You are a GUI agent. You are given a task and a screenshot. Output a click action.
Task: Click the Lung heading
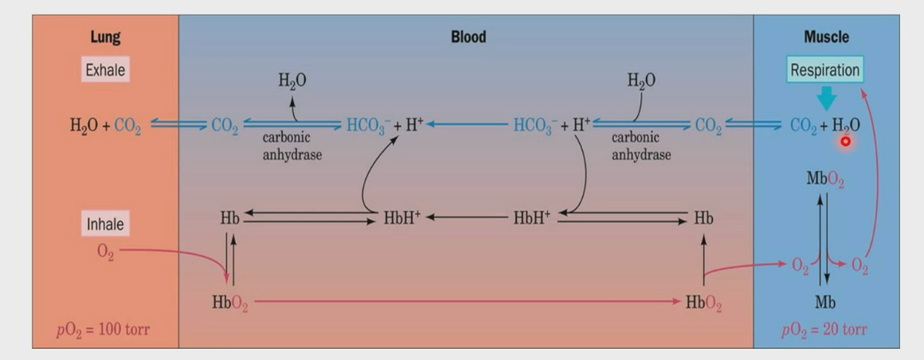(105, 37)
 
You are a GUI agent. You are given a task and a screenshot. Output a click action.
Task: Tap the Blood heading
(468, 37)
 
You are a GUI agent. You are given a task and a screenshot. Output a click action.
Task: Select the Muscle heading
(826, 37)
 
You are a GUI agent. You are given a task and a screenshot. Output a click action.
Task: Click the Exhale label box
(105, 70)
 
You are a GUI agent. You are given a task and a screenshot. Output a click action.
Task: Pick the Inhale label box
(105, 224)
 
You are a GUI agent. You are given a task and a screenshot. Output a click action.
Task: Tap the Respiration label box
(824, 70)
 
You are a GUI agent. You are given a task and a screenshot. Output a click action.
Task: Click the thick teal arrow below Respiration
(826, 97)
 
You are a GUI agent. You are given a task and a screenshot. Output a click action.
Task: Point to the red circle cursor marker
(845, 141)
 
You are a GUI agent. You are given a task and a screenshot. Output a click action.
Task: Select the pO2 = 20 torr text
(824, 330)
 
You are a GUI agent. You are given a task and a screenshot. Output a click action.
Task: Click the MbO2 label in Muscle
(825, 175)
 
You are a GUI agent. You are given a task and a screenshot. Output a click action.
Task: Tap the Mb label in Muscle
(825, 303)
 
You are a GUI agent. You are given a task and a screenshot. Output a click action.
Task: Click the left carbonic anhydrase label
(292, 146)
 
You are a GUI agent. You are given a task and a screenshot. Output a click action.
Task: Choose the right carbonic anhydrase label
(641, 146)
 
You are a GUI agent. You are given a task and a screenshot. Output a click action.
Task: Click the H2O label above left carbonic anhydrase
(292, 80)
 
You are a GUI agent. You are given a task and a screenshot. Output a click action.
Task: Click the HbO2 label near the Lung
(229, 303)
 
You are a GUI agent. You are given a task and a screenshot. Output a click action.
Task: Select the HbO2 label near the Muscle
(703, 303)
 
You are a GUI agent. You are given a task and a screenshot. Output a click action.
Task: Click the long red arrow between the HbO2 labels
(466, 302)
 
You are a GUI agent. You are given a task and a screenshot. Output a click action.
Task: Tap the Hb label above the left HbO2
(229, 218)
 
